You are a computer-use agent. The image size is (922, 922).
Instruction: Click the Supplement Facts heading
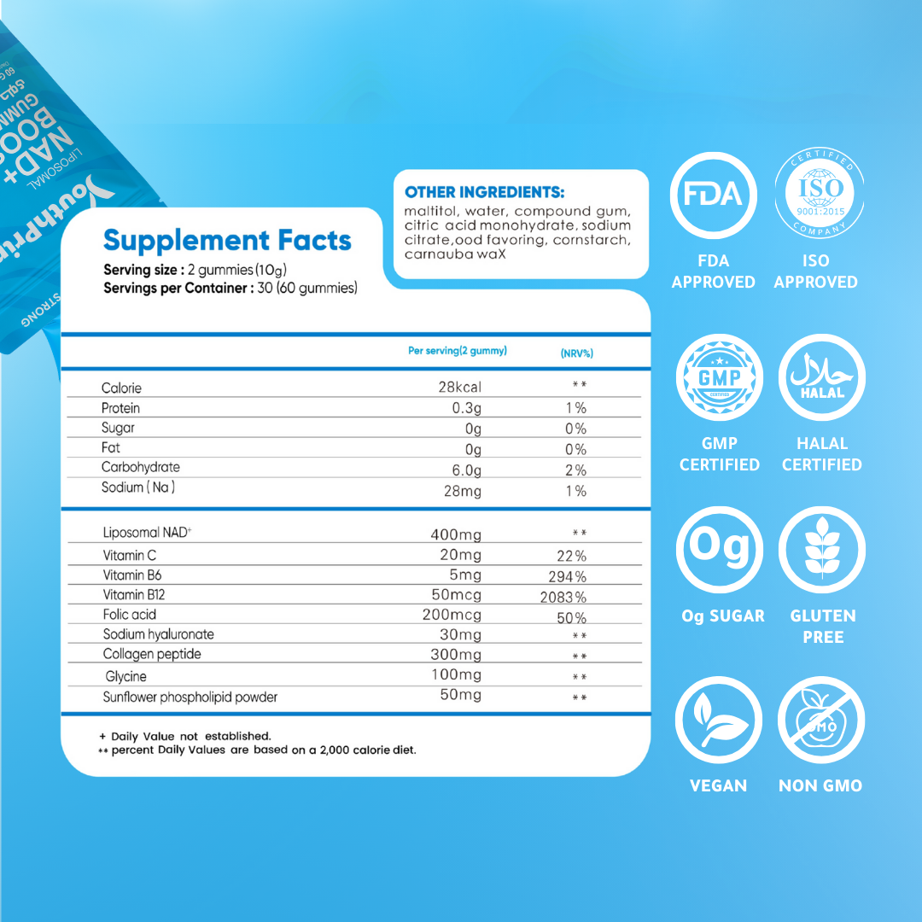tap(227, 241)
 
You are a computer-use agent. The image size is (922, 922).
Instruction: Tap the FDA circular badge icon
tap(713, 195)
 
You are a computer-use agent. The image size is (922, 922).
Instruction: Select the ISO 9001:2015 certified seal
tap(818, 195)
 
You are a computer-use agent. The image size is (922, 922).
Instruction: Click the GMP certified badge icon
tap(719, 377)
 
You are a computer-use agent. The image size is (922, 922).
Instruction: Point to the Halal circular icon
tap(822, 377)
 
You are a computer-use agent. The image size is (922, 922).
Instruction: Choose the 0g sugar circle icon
tap(719, 550)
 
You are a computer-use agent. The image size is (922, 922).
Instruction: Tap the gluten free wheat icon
tap(822, 550)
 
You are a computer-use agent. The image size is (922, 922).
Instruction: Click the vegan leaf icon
tap(718, 720)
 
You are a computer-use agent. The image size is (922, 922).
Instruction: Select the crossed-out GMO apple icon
tap(820, 720)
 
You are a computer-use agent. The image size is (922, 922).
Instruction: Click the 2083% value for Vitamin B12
tap(563, 597)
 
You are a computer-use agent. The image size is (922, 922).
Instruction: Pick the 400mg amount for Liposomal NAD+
tap(456, 535)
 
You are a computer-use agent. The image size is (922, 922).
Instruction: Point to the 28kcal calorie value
tap(459, 388)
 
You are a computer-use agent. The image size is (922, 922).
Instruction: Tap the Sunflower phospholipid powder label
tap(190, 697)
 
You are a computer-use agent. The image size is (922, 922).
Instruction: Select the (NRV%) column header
tap(576, 353)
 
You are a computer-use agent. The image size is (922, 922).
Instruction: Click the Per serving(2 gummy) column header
tap(458, 351)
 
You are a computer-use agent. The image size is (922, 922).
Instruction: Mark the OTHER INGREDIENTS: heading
tap(484, 192)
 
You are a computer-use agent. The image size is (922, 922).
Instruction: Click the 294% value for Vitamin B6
tap(568, 576)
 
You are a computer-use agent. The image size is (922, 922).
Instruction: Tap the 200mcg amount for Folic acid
tap(452, 615)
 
